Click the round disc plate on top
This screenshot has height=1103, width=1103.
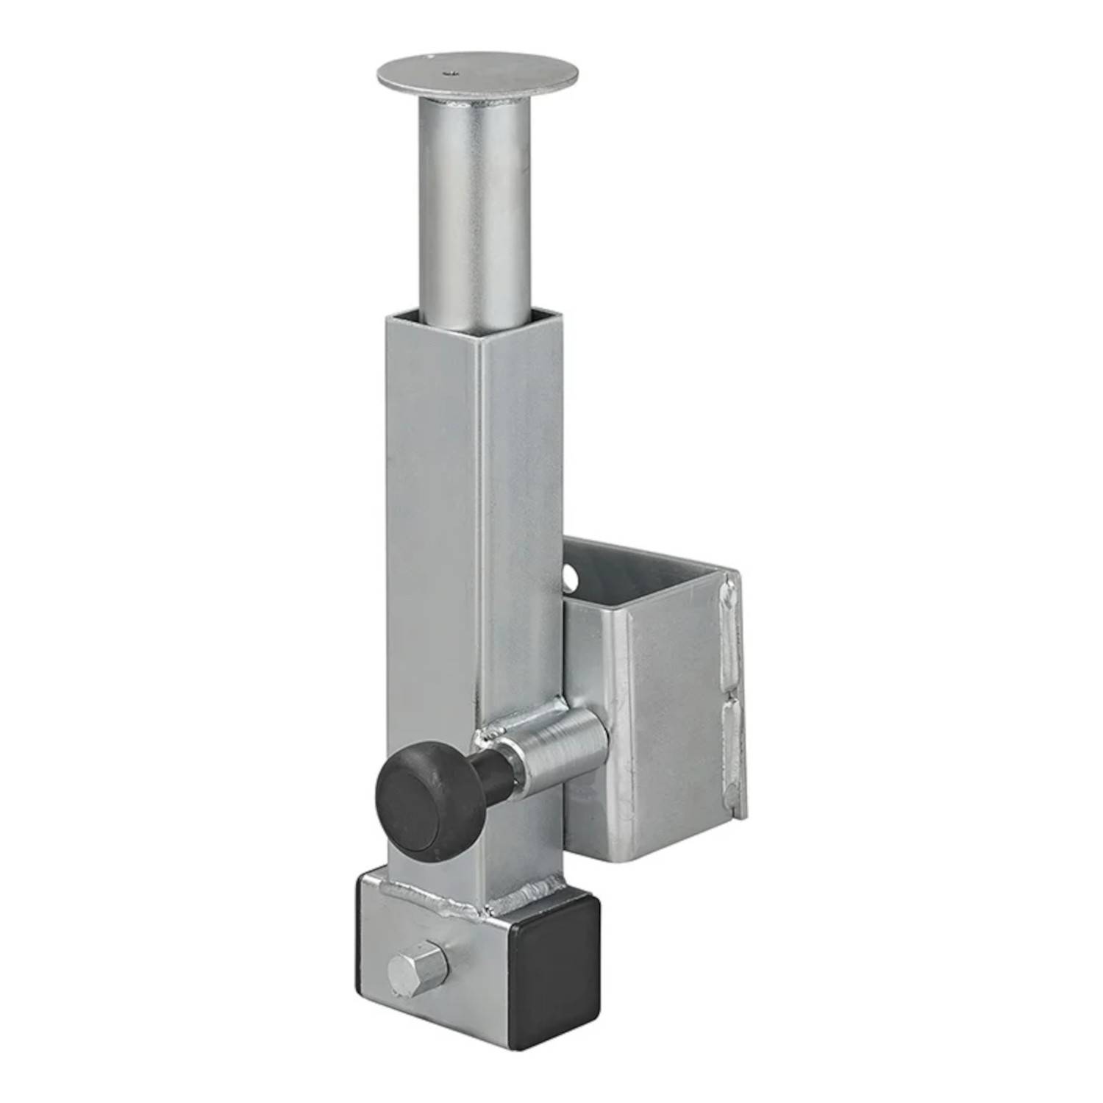[x=477, y=73]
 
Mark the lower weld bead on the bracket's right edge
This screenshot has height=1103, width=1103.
[x=732, y=743]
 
